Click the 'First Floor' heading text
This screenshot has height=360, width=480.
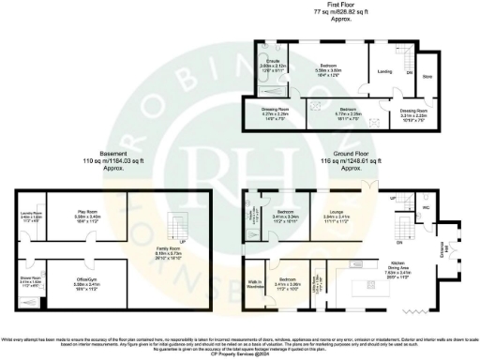tap(339, 5)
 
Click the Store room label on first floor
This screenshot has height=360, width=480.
tap(427, 76)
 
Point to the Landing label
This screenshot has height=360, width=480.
tap(384, 70)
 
